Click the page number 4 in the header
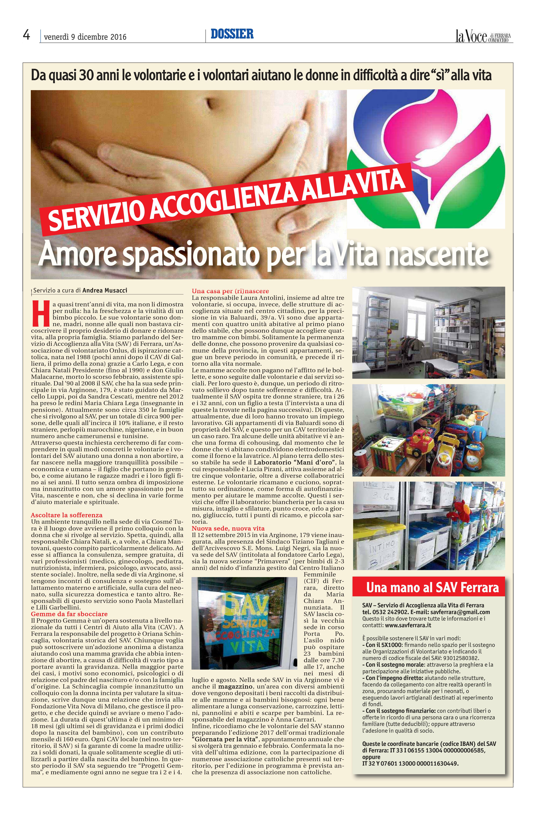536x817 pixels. [26, 35]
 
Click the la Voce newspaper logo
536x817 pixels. [484, 36]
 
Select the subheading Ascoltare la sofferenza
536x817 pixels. [67, 515]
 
